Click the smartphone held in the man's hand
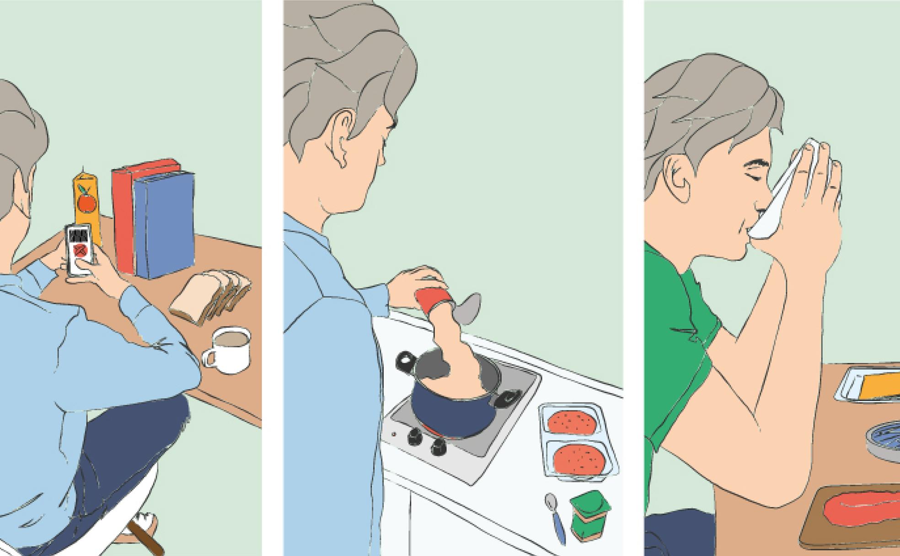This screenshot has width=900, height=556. pyautogui.click(x=79, y=249)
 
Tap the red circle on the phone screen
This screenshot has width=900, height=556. pyautogui.click(x=80, y=250)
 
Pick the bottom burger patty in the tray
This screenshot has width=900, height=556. pyautogui.click(x=578, y=459)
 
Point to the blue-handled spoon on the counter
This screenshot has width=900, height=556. pyautogui.click(x=556, y=517)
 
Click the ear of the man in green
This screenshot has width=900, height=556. pyautogui.click(x=677, y=178)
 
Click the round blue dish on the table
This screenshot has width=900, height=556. pyautogui.click(x=885, y=439)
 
